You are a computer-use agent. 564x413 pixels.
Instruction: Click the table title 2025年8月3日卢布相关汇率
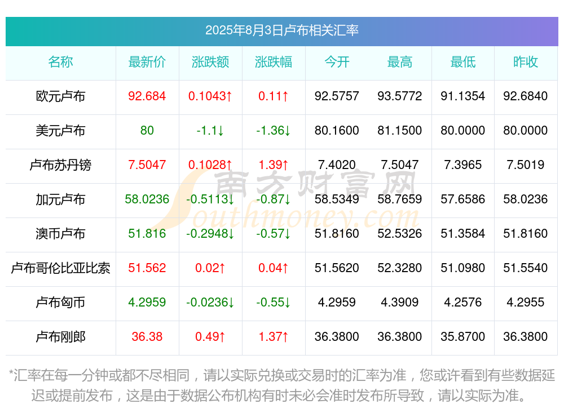click(x=281, y=30)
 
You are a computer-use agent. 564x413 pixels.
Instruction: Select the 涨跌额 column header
click(x=210, y=62)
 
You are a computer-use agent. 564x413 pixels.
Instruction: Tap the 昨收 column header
click(x=526, y=62)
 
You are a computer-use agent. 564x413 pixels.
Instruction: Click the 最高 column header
click(x=400, y=62)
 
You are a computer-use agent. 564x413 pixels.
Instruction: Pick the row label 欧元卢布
click(x=60, y=96)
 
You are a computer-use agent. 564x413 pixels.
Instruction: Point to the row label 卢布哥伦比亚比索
click(x=60, y=268)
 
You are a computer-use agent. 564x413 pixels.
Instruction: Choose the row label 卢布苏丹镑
click(x=60, y=165)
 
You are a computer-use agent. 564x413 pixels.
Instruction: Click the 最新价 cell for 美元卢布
click(x=147, y=131)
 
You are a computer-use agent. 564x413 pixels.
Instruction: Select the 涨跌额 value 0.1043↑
click(x=210, y=96)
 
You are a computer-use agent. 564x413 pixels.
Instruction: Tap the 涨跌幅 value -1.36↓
click(x=274, y=131)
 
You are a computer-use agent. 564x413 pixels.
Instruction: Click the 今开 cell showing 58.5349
click(x=337, y=199)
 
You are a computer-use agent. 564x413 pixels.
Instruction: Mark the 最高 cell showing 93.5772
click(x=400, y=96)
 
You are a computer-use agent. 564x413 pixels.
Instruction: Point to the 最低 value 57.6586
click(x=462, y=199)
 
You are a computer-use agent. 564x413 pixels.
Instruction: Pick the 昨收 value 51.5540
click(x=526, y=268)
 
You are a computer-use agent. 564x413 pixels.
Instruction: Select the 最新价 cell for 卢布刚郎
click(x=147, y=337)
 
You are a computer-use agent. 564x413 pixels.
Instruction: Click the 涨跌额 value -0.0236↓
click(x=210, y=303)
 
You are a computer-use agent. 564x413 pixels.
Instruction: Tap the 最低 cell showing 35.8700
click(x=462, y=337)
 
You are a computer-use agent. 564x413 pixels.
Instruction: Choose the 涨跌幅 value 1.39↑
click(x=274, y=165)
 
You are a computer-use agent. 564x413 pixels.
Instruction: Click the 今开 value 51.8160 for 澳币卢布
click(x=337, y=234)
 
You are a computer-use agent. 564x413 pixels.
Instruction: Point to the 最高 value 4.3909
click(x=400, y=303)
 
